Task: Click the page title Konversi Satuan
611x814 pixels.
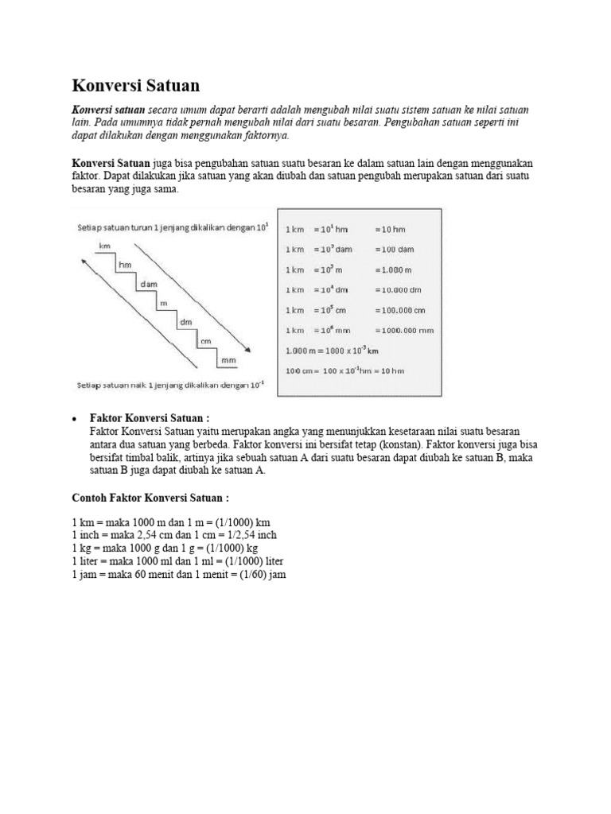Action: coord(136,85)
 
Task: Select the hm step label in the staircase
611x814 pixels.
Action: coord(124,264)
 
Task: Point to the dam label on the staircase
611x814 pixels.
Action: coord(149,284)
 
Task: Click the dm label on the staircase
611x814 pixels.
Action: coord(185,322)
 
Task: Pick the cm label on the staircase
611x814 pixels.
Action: coord(206,341)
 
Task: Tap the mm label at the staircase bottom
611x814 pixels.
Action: coord(228,360)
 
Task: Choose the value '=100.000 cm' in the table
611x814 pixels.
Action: coord(399,309)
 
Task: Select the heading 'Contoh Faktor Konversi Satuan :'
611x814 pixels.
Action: coord(150,498)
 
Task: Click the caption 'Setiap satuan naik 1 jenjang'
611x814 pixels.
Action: coord(135,386)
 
